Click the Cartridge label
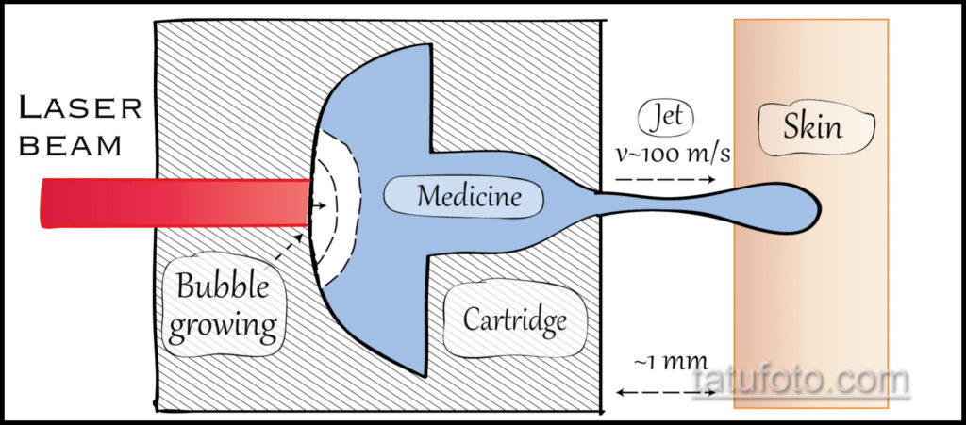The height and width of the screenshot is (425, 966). [x=515, y=321]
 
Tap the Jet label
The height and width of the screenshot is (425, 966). [x=668, y=119]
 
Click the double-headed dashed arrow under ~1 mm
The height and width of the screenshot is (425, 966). [x=666, y=392]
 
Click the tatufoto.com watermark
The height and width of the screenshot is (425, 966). [x=800, y=382]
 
